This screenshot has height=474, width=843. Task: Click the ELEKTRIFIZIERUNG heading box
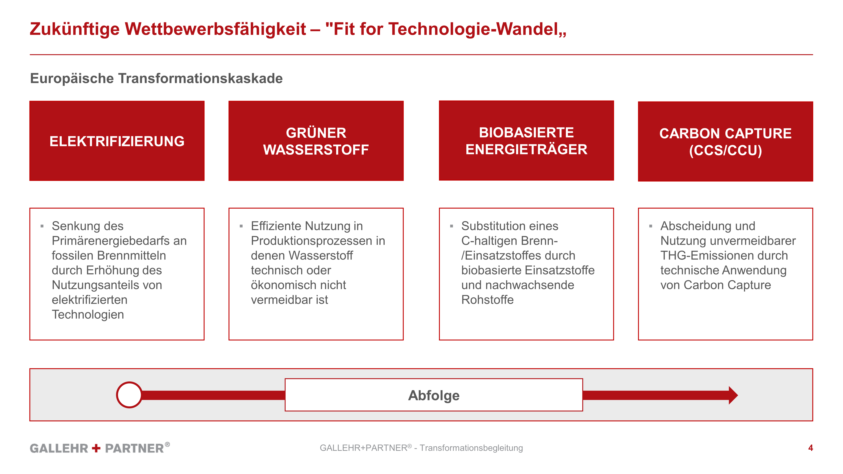pos(117,141)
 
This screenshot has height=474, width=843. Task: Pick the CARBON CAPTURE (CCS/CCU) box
pos(726,141)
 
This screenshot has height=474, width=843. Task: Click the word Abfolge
pos(434,395)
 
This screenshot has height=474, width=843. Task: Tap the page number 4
pos(810,448)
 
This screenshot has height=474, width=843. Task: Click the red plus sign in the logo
pos(96,448)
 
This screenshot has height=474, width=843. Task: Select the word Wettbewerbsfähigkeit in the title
pos(215,29)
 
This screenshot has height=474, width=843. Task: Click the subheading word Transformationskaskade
pos(200,79)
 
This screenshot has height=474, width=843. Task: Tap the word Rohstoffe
pos(487,300)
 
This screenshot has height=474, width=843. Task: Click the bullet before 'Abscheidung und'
pos(651,226)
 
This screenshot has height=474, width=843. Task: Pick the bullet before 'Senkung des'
pos(42,226)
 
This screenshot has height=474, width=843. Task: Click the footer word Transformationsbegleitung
pos(471,448)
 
